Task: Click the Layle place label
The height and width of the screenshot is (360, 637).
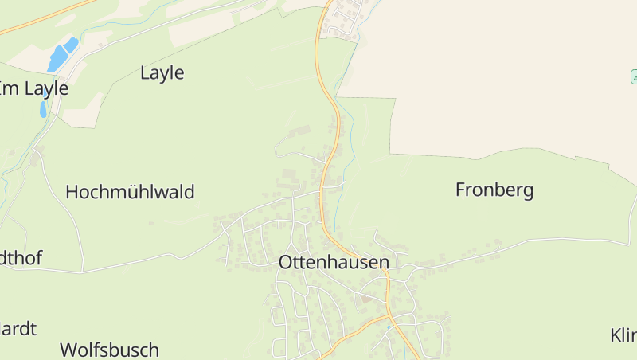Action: pyautogui.click(x=162, y=73)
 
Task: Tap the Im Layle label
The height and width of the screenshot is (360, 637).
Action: pyautogui.click(x=33, y=88)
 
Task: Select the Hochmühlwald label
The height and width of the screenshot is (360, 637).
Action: pyautogui.click(x=130, y=192)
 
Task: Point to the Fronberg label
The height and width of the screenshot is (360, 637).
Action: pyautogui.click(x=494, y=190)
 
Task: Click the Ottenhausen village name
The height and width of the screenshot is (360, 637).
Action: pyautogui.click(x=334, y=262)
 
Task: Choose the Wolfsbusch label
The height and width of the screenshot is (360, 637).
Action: pyautogui.click(x=109, y=350)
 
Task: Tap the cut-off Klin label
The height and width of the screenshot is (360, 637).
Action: pyautogui.click(x=623, y=335)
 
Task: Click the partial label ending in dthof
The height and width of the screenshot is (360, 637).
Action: pyautogui.click(x=21, y=257)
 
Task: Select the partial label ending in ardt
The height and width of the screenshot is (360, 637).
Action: pyautogui.click(x=18, y=328)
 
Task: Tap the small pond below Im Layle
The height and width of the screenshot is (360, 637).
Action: pyautogui.click(x=43, y=109)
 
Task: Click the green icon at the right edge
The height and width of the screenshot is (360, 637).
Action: pyautogui.click(x=634, y=76)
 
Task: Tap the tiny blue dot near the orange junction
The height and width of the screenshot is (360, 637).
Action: pyautogui.click(x=389, y=327)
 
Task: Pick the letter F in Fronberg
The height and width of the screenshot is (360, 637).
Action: pyautogui.click(x=460, y=190)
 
